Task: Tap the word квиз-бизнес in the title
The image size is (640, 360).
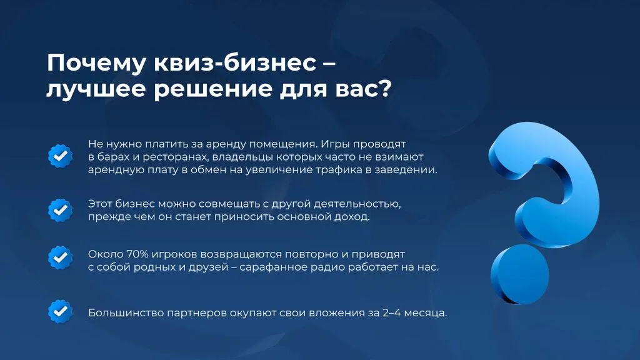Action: (235, 63)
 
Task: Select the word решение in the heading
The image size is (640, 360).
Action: (212, 89)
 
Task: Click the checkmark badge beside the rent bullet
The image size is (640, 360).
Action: (61, 156)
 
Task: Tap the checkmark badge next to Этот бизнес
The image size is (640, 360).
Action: (61, 210)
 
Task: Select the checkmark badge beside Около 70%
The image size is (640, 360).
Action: (61, 257)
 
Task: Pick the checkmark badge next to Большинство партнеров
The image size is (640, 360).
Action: (61, 312)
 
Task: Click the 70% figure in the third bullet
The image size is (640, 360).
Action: (137, 254)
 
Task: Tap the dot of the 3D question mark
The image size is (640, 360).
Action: (519, 274)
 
